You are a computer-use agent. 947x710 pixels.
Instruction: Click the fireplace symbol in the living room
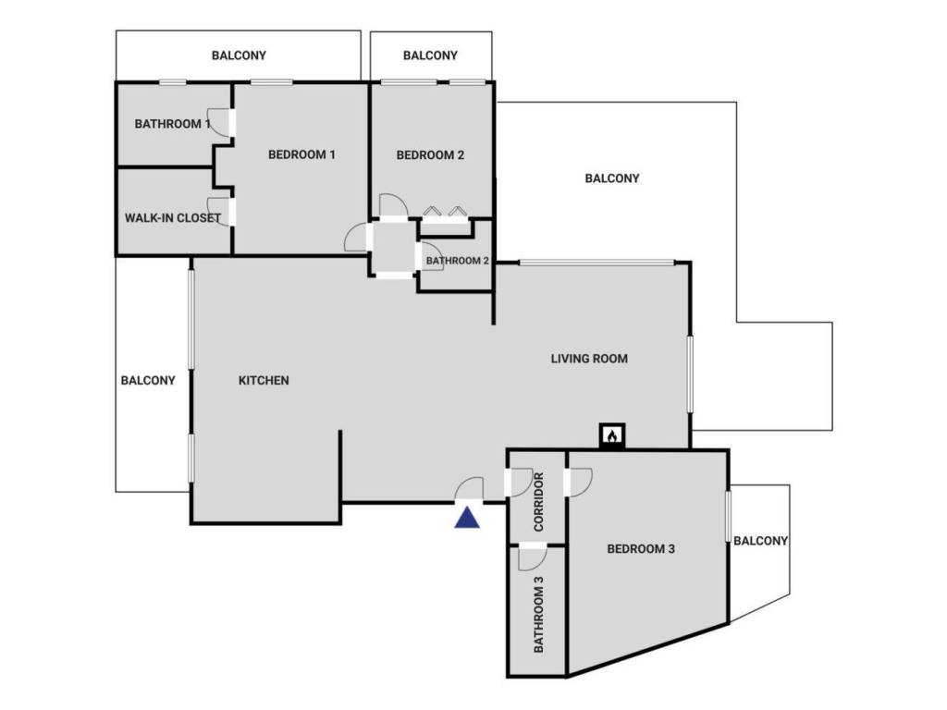(611, 435)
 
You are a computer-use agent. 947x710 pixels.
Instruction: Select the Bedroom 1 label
(301, 154)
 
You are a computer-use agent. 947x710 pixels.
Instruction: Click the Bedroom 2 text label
(430, 154)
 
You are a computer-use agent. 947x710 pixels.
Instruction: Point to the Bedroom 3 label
(641, 548)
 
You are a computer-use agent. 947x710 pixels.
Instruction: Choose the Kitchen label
(264, 380)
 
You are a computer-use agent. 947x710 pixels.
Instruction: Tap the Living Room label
(589, 358)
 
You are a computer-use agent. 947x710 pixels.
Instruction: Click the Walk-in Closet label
(173, 218)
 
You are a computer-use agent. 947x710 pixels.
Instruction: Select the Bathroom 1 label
(172, 123)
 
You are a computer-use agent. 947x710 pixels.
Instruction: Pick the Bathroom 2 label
(457, 261)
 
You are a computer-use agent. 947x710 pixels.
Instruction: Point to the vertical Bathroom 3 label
(538, 615)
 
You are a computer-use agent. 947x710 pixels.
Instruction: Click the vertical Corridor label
(538, 503)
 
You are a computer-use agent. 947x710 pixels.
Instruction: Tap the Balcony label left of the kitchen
(148, 380)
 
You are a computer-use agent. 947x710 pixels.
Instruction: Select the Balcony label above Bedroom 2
(430, 55)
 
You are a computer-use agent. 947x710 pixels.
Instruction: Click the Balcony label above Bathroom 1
(239, 55)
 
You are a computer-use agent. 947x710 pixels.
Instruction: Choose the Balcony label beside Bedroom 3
(760, 541)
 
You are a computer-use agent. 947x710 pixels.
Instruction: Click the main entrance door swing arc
(471, 489)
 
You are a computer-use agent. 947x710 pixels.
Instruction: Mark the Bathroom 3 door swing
(532, 557)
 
